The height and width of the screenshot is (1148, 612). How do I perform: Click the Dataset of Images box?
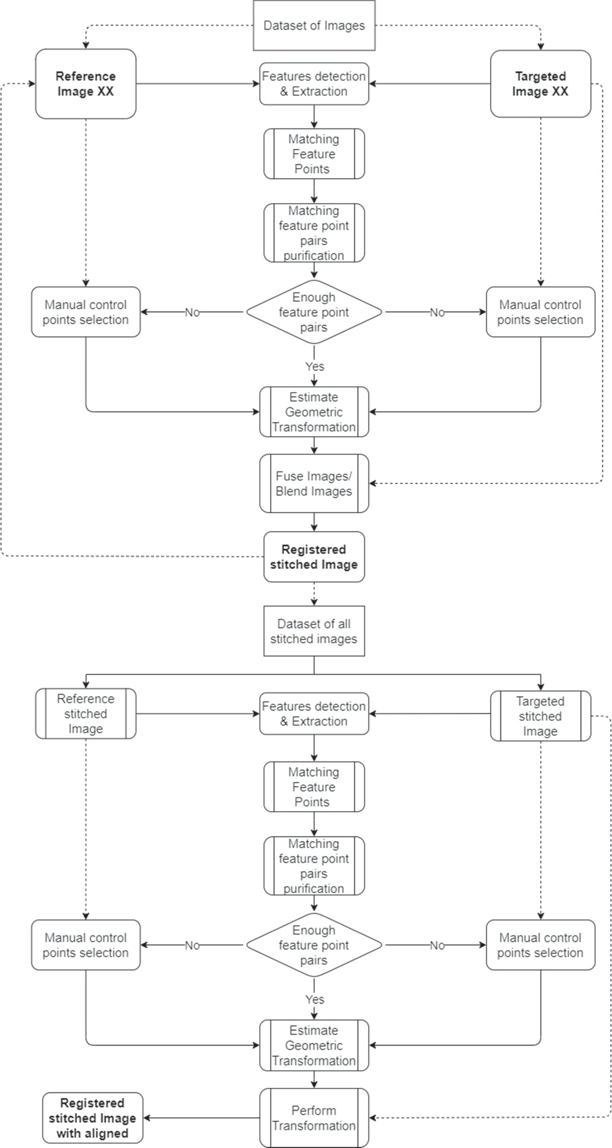314,25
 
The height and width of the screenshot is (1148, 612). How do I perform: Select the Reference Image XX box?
86,84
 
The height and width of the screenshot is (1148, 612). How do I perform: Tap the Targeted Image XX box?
540,84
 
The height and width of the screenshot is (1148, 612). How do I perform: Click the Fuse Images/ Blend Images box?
314,483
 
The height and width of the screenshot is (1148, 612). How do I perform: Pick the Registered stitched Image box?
314,557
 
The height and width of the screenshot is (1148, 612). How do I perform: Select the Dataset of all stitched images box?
314,631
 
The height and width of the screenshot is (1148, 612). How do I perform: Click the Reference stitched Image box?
86,714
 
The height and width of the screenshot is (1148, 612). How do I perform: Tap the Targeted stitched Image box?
540,716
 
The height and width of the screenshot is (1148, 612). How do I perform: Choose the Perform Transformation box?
314,1118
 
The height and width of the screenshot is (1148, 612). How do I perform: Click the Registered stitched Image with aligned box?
93,1118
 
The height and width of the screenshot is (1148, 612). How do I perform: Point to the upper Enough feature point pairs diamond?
314,312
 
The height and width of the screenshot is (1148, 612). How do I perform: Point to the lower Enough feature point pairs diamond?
314,945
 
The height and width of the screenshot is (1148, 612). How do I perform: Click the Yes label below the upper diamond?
315,366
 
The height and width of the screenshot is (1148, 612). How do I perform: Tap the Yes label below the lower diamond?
315,999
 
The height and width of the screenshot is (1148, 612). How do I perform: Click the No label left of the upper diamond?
192,312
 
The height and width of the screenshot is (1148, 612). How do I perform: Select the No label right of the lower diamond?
437,946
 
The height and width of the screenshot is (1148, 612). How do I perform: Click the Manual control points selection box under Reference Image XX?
86,312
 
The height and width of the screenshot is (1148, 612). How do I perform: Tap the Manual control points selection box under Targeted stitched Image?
540,945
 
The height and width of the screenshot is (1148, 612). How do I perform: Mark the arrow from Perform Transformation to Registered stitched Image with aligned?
202,1118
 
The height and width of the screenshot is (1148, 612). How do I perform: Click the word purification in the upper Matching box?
314,256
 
